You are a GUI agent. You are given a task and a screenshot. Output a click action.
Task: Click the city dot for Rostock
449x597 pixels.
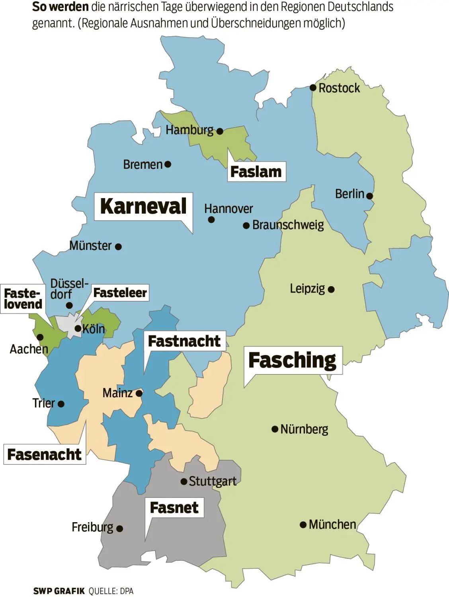tap(313, 88)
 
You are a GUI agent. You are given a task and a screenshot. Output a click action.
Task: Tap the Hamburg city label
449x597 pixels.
tap(189, 130)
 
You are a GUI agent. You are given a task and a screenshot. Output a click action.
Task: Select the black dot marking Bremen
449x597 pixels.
tap(168, 164)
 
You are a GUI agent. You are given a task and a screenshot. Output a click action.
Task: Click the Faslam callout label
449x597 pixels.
tap(256, 172)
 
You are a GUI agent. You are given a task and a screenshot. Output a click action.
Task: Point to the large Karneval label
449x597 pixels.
tap(143, 206)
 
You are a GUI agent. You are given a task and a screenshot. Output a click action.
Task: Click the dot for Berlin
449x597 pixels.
tap(369, 196)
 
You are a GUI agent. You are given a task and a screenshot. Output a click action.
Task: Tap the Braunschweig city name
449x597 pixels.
tap(288, 225)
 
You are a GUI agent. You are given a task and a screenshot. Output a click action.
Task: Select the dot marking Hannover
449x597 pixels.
tap(211, 220)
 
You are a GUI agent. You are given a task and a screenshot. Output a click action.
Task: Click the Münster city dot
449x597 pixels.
tap(118, 247)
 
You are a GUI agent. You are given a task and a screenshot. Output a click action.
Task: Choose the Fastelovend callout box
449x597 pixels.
tap(23, 299)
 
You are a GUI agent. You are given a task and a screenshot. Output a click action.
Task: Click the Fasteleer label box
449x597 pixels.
tap(120, 293)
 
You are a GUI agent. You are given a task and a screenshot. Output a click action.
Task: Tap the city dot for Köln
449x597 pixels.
tap(78, 329)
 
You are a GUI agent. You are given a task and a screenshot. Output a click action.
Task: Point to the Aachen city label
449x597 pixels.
tap(29, 349)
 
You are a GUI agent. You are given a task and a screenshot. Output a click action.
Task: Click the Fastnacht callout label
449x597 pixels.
tap(184, 341)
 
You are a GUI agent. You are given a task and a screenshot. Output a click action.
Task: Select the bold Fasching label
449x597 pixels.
tap(293, 360)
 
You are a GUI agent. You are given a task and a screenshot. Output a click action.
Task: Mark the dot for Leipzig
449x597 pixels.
tap(331, 289)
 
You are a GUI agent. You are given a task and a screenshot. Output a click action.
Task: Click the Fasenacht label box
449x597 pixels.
tap(44, 455)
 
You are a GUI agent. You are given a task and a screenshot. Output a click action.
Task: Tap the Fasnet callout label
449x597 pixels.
tap(174, 507)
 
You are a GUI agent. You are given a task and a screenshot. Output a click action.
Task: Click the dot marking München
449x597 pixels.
tap(303, 525)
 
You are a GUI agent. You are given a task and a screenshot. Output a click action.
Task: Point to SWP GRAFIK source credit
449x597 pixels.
tap(59, 591)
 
